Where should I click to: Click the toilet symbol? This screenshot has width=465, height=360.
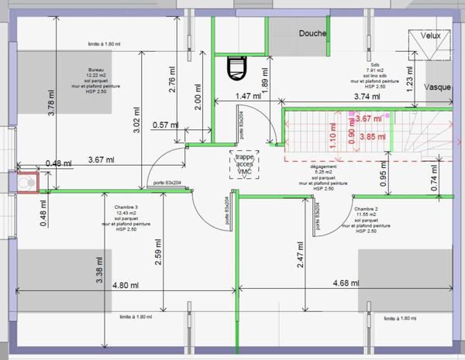(235, 67)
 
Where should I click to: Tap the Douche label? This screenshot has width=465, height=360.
(312, 33)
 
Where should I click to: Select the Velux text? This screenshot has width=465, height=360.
(431, 36)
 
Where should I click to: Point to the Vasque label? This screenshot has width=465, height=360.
(439, 87)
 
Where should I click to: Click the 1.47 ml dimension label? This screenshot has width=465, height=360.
(247, 96)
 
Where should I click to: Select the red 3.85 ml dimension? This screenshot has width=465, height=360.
(372, 136)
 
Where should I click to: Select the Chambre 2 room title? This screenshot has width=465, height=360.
(366, 209)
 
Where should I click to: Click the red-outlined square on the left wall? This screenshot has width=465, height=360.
(26, 182)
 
